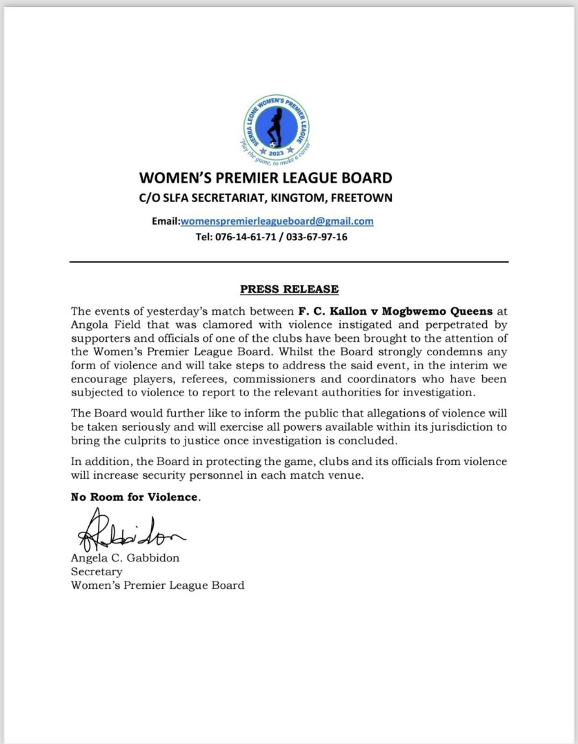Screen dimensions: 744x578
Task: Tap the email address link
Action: pyautogui.click(x=277, y=221)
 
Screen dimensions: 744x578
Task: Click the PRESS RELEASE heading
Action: pyautogui.click(x=289, y=289)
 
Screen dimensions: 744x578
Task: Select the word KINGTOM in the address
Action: pyautogui.click(x=292, y=198)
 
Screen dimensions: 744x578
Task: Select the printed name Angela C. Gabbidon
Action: pyautogui.click(x=125, y=558)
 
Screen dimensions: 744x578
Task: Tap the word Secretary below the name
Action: pyautogui.click(x=97, y=572)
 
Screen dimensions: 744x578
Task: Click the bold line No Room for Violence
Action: pyautogui.click(x=134, y=497)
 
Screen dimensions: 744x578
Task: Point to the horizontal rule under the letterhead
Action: pyautogui.click(x=289, y=262)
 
